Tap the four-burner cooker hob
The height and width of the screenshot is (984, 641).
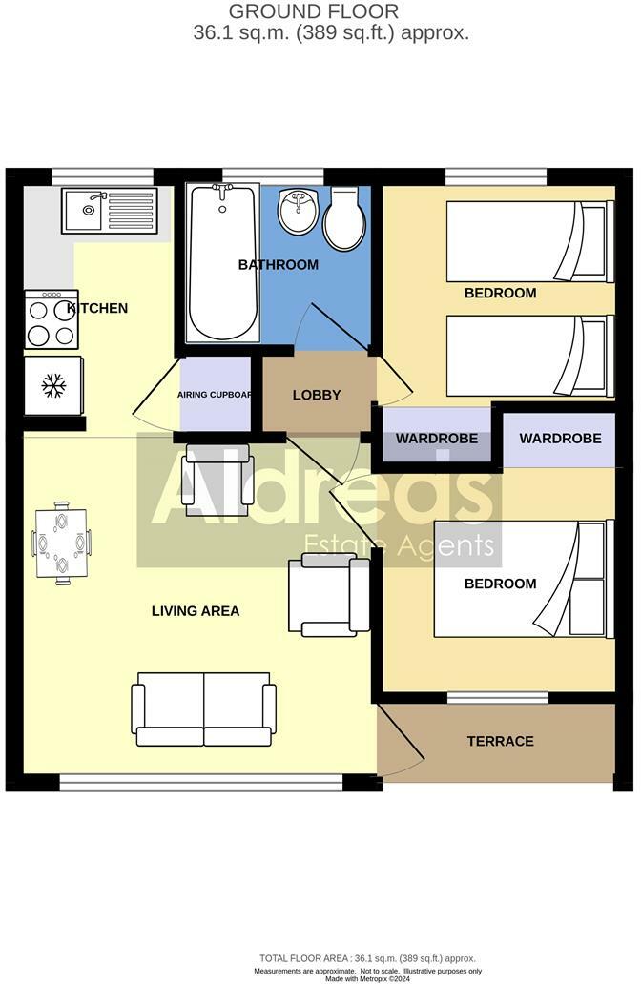point(52,320)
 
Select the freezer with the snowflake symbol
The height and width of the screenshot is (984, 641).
point(53,385)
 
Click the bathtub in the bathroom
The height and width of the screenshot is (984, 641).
point(222,261)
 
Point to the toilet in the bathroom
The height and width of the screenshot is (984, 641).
point(344,218)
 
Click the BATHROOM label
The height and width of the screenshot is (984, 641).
point(278,264)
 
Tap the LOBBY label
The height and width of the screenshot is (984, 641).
point(317,395)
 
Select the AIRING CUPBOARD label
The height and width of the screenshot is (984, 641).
point(215,394)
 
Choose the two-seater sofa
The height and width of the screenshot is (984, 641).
point(205,708)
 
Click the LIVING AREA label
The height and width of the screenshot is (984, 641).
point(195,610)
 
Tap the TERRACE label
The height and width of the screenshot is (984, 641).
point(500,741)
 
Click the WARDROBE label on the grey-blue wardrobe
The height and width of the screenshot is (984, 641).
point(437,439)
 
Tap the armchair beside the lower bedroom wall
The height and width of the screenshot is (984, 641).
point(329,597)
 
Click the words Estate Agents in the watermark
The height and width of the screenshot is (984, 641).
point(399,546)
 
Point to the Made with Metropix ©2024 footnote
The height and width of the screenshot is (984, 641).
point(367,977)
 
